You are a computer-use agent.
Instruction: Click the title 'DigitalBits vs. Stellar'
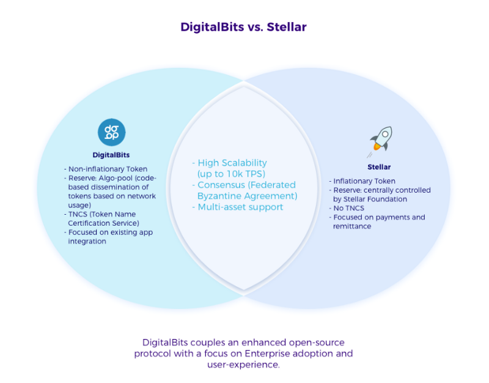click(x=244, y=28)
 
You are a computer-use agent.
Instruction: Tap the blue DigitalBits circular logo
click(x=111, y=132)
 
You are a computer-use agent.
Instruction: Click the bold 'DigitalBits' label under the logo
click(x=111, y=155)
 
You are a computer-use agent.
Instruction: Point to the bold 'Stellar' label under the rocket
click(x=379, y=167)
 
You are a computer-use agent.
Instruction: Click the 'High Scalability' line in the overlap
click(x=232, y=163)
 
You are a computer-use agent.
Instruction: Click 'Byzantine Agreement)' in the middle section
click(x=247, y=196)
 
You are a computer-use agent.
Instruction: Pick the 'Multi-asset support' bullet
click(x=240, y=207)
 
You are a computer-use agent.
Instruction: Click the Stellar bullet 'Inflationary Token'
click(x=365, y=181)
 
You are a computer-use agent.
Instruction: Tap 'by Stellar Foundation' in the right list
click(x=370, y=199)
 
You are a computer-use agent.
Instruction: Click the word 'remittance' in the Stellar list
click(x=353, y=226)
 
